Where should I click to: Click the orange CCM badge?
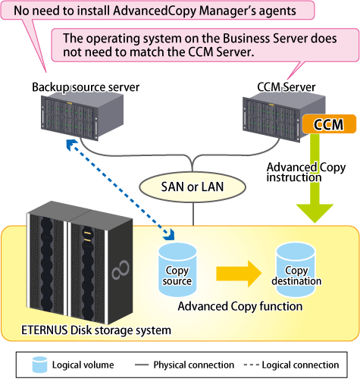pos(329,124)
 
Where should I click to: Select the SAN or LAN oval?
pos(193,187)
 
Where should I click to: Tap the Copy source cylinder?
pos(177,270)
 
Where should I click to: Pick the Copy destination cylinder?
pos(296,269)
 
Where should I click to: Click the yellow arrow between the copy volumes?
pos(239,274)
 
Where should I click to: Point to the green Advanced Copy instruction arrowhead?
pos(315,213)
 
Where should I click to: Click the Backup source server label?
pos(86,87)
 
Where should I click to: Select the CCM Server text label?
pos(286,87)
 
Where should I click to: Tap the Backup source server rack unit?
pos(82,115)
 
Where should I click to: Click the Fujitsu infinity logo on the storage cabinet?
pos(121,270)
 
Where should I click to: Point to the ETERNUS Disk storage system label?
pos(96,330)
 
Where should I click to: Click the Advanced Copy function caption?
pos(240,306)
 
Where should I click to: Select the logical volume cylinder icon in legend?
pos(39,365)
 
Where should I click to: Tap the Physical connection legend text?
pos(194,365)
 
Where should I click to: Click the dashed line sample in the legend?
pos(251,365)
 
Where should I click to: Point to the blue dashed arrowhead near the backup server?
pos(71,145)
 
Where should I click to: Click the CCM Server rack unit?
pos(284,117)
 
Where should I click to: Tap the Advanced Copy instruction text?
pos(306,172)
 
